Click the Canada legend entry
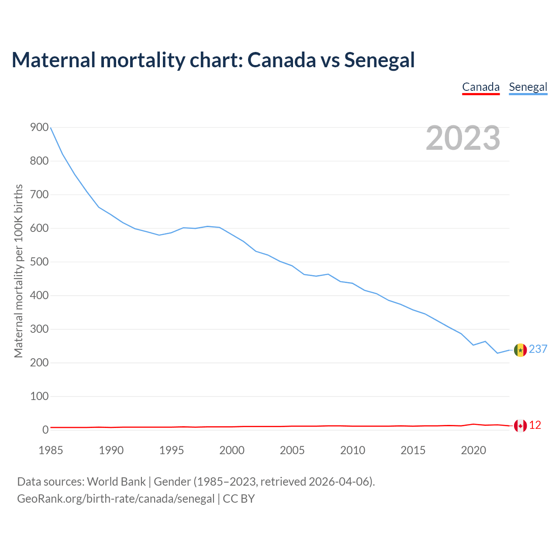(481, 87)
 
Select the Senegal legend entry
(528, 87)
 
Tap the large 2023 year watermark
(463, 138)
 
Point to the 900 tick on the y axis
(39, 128)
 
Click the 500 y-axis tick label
(39, 262)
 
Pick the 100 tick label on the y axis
(39, 397)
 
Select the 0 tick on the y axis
(45, 430)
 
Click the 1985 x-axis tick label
(51, 450)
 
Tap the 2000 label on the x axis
(232, 450)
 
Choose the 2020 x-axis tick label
(473, 450)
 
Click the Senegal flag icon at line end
(520, 350)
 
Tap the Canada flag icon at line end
(520, 425)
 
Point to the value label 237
(538, 349)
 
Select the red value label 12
(535, 425)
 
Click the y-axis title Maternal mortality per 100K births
(18, 271)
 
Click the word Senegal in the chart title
(379, 60)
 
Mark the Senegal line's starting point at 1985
(51, 128)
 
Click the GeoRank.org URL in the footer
(116, 499)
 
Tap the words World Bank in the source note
(116, 482)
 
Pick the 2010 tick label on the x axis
(352, 450)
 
